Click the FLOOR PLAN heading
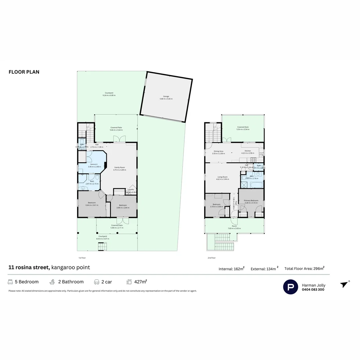point(24,72)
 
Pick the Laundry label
point(130,189)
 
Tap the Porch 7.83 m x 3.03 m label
point(234,227)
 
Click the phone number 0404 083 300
point(313,289)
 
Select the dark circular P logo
point(291,287)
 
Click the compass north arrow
point(344,284)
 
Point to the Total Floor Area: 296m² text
point(304,268)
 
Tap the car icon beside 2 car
point(97,282)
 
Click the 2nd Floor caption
point(211,258)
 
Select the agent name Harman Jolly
point(313,285)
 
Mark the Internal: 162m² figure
point(232,269)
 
